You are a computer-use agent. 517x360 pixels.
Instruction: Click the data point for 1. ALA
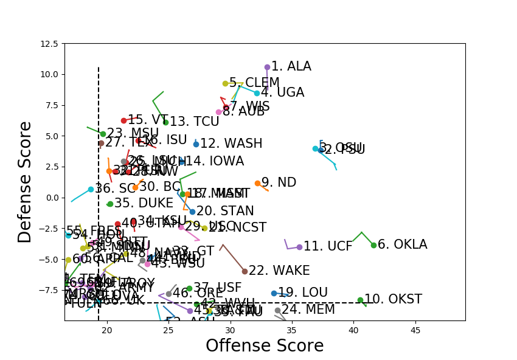click(267, 67)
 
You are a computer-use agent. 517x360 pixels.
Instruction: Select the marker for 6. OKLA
click(373, 245)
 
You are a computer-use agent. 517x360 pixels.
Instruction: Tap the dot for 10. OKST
click(360, 300)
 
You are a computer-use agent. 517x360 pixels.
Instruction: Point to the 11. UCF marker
click(299, 247)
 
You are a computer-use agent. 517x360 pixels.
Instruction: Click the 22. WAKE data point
click(245, 271)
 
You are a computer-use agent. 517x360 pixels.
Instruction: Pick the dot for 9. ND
click(257, 183)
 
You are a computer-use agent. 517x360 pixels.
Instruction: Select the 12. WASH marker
click(196, 144)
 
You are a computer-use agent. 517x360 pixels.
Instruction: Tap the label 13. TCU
click(194, 122)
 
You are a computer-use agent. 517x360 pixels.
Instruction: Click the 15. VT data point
click(123, 120)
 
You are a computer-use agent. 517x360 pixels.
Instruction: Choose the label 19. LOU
click(302, 293)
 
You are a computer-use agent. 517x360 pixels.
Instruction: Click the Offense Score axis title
click(265, 345)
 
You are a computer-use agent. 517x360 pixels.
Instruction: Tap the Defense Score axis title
click(25, 182)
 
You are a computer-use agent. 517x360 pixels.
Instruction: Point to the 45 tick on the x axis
click(415, 330)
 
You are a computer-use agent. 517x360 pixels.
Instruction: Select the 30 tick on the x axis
click(231, 330)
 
